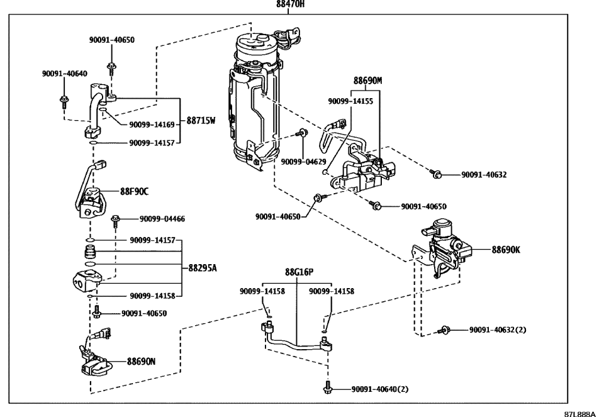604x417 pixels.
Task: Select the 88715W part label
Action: coord(201,120)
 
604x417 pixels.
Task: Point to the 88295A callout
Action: coord(203,267)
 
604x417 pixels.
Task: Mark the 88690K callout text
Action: coord(506,249)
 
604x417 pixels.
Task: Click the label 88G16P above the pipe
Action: coord(299,272)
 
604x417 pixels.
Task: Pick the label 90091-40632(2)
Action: coord(497,330)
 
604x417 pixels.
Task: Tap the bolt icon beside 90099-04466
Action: coord(116,220)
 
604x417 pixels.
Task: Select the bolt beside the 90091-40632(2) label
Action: coord(445,330)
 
